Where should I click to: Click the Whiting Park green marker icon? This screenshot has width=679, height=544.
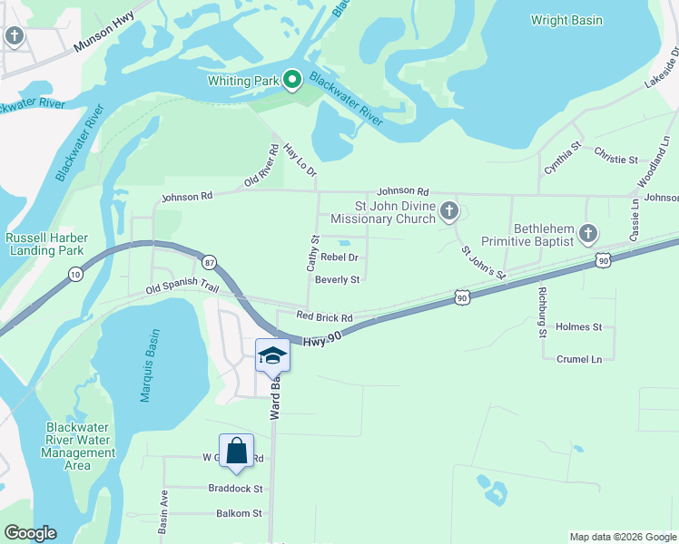point(292,81)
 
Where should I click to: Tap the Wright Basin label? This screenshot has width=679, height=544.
point(567,20)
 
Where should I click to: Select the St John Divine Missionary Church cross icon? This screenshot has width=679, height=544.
point(448,213)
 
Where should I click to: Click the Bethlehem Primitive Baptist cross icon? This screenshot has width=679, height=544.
point(588,235)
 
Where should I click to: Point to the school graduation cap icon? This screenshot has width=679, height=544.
point(271,355)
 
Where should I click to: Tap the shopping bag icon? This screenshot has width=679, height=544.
point(236,450)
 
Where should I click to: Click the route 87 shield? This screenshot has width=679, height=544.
point(210,261)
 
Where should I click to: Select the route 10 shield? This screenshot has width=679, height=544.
point(74,274)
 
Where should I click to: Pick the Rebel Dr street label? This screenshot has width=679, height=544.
point(340,257)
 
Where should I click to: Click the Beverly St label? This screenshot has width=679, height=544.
point(338,280)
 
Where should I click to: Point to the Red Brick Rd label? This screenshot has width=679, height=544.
point(324,316)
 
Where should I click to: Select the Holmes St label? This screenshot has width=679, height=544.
point(578,326)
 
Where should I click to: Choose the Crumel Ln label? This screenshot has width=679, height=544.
point(579,359)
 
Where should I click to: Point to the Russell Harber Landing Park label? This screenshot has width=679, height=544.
point(44,244)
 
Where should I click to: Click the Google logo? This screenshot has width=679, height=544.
point(30,533)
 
